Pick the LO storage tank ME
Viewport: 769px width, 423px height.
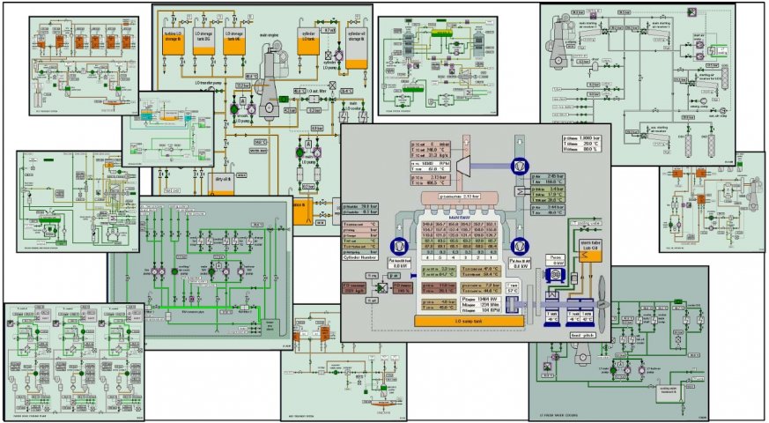click(x=235, y=41)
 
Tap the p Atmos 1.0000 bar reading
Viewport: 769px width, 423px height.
click(x=582, y=137)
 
